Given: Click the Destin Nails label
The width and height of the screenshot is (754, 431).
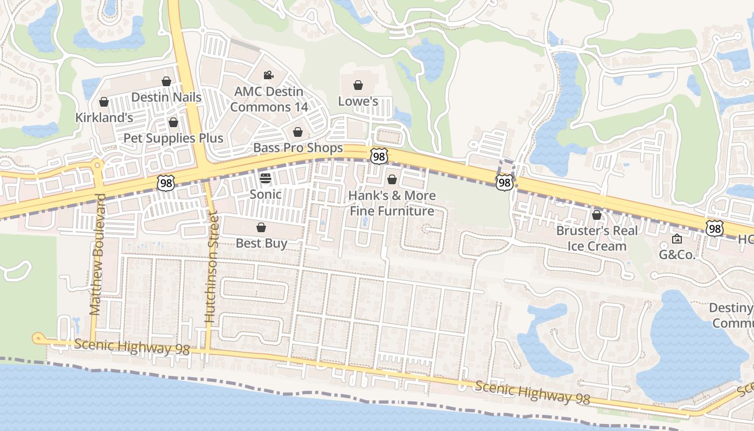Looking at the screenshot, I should tap(166, 98).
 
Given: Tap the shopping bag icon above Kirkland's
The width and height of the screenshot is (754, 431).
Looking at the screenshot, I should tap(104, 102).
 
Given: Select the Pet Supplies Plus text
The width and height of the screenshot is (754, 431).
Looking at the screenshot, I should tap(173, 138).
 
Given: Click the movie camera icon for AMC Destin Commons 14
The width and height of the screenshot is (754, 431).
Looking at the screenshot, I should tap(268, 75).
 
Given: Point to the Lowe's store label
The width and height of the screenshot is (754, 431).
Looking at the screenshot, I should tap(358, 101).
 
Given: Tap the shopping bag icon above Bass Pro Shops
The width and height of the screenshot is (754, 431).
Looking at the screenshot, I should tap(298, 132).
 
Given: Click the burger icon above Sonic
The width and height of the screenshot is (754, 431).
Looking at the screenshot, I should tap(266, 178).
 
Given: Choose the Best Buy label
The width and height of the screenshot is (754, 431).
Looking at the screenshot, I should tap(261, 243).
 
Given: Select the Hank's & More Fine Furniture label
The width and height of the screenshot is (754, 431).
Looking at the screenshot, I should tap(392, 203).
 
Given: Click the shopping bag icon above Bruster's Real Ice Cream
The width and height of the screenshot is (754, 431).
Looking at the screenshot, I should tap(597, 215).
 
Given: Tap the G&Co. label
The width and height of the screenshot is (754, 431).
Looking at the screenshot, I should tap(678, 255).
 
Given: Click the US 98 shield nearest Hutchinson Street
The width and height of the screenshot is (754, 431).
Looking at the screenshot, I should tap(166, 183).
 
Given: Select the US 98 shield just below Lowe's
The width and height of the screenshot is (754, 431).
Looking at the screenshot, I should tap(379, 156).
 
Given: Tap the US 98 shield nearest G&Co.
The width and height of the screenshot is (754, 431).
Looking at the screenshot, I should tap(715, 228).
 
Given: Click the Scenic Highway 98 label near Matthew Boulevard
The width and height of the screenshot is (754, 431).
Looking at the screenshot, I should tap(132, 347).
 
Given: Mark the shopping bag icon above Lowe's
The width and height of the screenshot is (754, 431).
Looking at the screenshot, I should tap(358, 85).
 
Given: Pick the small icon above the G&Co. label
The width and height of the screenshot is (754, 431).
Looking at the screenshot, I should tap(677, 239).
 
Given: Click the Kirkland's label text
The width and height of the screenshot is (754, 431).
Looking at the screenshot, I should tap(104, 117).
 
